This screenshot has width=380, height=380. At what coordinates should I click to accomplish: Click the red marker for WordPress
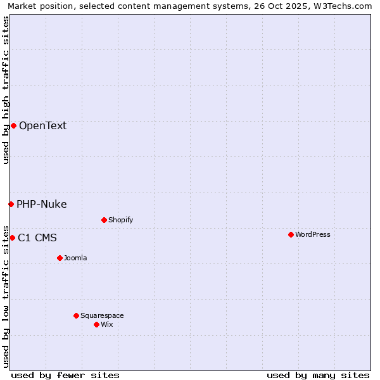point(291,234)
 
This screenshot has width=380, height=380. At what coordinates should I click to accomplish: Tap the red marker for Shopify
point(104,220)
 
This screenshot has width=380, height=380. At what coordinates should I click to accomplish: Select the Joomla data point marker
point(60,258)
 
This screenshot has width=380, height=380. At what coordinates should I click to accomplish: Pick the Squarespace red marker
point(76,315)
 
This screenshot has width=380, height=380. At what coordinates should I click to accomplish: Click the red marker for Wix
point(96,324)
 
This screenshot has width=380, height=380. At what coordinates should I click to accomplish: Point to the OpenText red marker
point(13,125)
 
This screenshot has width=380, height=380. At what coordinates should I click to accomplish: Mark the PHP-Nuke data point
point(11,204)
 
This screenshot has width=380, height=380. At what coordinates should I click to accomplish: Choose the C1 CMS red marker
point(12,237)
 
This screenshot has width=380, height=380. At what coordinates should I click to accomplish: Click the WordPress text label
point(313,234)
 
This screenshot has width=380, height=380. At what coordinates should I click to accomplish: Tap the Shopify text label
point(120,220)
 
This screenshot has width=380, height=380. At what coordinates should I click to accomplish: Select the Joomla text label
point(75,258)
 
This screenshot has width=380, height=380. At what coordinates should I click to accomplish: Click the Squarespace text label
point(102,315)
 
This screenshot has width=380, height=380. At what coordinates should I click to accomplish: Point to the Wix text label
point(107,324)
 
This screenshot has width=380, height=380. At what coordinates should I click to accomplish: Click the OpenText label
point(42,125)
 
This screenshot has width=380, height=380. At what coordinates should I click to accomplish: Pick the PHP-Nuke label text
point(41,204)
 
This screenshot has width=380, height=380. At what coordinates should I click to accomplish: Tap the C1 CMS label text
point(37,237)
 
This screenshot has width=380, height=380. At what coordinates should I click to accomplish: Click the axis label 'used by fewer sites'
point(65,375)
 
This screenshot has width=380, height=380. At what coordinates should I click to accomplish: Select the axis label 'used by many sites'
point(318,375)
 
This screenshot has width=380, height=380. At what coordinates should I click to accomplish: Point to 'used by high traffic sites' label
point(6,90)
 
